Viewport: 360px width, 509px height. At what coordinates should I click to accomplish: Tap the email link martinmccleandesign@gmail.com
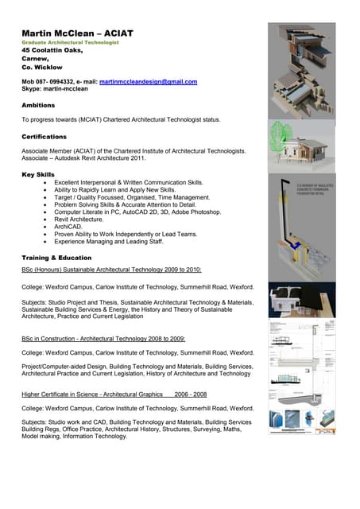(x=148, y=81)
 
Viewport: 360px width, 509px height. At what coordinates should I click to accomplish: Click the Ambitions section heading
(x=39, y=104)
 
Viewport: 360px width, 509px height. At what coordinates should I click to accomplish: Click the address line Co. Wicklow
(x=42, y=68)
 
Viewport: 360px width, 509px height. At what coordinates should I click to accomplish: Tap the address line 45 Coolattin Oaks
(x=52, y=50)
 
